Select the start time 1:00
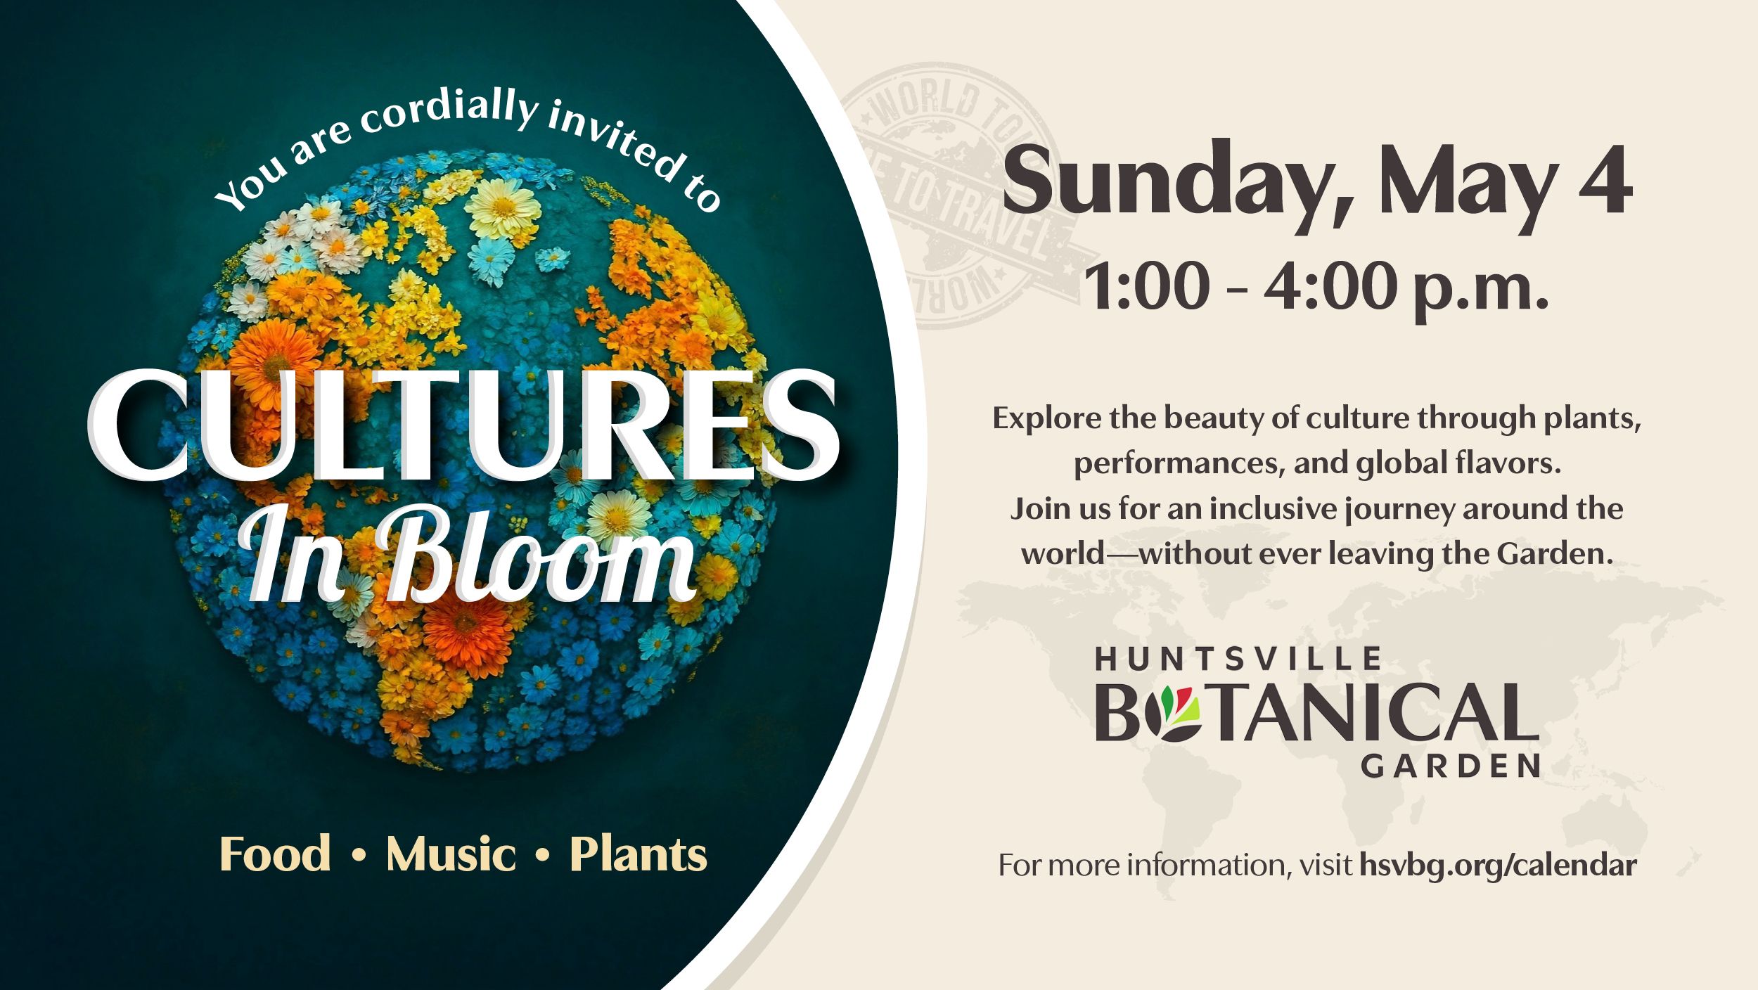pyautogui.click(x=1146, y=287)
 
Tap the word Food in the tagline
pyautogui.click(x=275, y=854)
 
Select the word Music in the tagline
pyautogui.click(x=451, y=854)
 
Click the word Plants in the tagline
pyautogui.click(x=638, y=854)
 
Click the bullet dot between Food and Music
pyautogui.click(x=359, y=856)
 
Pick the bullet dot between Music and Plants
pyautogui.click(x=542, y=856)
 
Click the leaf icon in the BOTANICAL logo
pyautogui.click(x=1171, y=714)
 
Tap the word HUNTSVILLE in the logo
pyautogui.click(x=1238, y=659)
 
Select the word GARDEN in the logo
pyautogui.click(x=1451, y=766)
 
